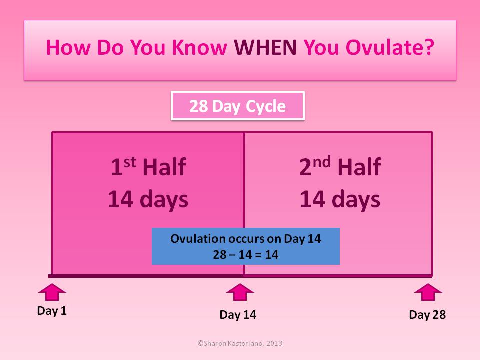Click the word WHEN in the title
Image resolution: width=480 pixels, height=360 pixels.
click(x=265, y=47)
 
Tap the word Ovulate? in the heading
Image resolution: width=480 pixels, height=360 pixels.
click(x=390, y=47)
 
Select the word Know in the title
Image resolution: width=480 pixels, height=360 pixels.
click(x=199, y=47)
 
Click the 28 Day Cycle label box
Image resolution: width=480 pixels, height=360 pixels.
click(x=238, y=106)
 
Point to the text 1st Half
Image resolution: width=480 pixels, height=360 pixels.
click(x=148, y=167)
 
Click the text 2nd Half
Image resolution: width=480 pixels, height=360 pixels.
click(x=340, y=167)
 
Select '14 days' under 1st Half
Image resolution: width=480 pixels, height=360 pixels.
click(x=148, y=200)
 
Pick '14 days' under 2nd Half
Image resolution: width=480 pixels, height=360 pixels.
click(x=340, y=200)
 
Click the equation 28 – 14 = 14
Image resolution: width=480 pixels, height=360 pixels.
click(x=246, y=254)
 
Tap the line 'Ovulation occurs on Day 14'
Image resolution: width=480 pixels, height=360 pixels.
click(x=246, y=239)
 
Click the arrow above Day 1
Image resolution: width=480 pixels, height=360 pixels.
click(x=52, y=292)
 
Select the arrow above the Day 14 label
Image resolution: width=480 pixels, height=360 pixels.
click(x=240, y=292)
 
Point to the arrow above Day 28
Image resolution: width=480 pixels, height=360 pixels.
click(x=428, y=292)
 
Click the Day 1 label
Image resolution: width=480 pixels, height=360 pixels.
click(x=52, y=311)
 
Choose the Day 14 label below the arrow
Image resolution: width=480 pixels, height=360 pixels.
click(x=238, y=315)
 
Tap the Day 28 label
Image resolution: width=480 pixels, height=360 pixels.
click(x=427, y=315)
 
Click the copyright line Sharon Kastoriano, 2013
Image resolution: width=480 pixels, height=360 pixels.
click(x=240, y=343)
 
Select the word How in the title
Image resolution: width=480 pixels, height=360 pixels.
click(x=68, y=47)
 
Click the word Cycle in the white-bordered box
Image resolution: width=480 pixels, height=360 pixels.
click(x=265, y=106)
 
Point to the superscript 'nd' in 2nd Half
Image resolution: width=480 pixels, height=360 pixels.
click(x=322, y=161)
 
